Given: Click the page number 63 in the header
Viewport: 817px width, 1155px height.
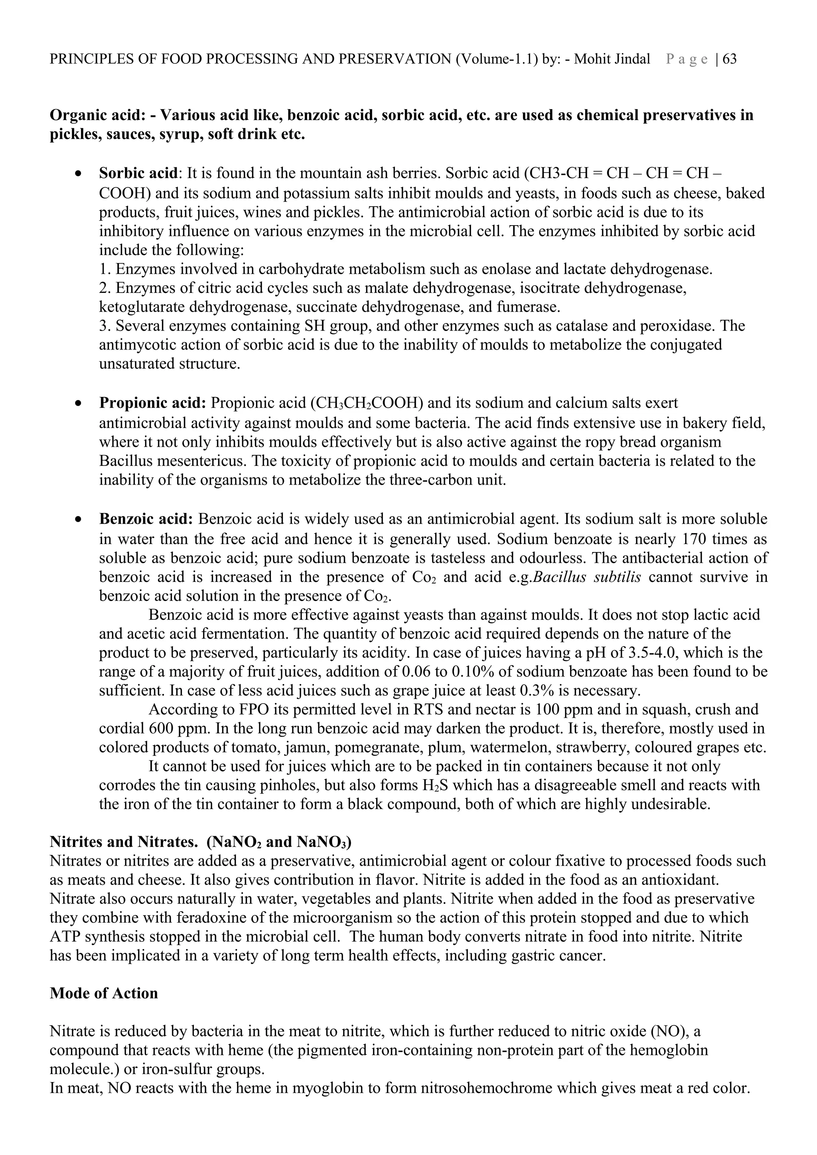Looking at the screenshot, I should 729,59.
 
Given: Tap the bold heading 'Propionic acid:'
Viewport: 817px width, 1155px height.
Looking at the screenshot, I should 152,403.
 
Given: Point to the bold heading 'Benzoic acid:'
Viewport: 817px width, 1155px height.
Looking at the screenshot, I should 146,519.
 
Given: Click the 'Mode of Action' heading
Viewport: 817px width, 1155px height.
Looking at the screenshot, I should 104,993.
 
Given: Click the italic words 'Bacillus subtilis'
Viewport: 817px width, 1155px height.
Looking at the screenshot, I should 586,576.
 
